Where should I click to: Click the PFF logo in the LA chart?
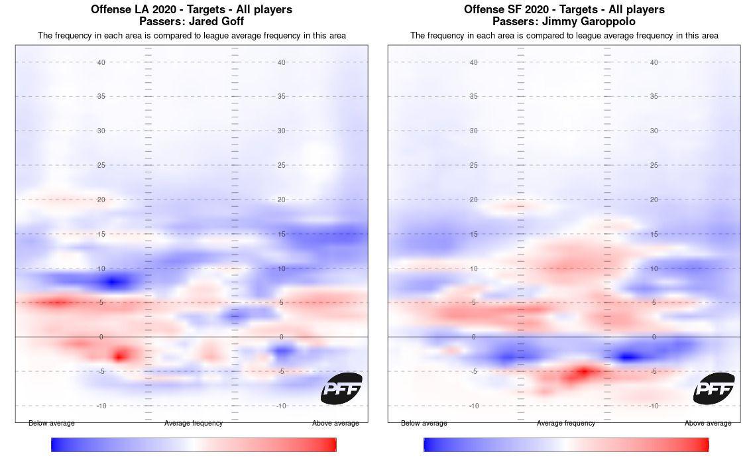click(341, 388)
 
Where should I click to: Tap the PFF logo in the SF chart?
click(714, 388)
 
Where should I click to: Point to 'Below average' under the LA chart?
click(52, 423)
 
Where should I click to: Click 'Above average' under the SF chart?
click(708, 423)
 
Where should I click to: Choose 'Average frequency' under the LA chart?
click(194, 423)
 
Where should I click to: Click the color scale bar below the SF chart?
click(566, 445)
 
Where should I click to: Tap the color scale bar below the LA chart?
click(194, 445)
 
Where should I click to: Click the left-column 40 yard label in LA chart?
click(101, 62)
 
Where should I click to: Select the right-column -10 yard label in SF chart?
click(654, 406)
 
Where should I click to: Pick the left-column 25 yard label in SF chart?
click(474, 165)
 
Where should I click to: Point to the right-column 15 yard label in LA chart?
click(282, 234)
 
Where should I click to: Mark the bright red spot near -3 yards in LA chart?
click(120, 356)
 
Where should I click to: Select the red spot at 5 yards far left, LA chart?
click(56, 303)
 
